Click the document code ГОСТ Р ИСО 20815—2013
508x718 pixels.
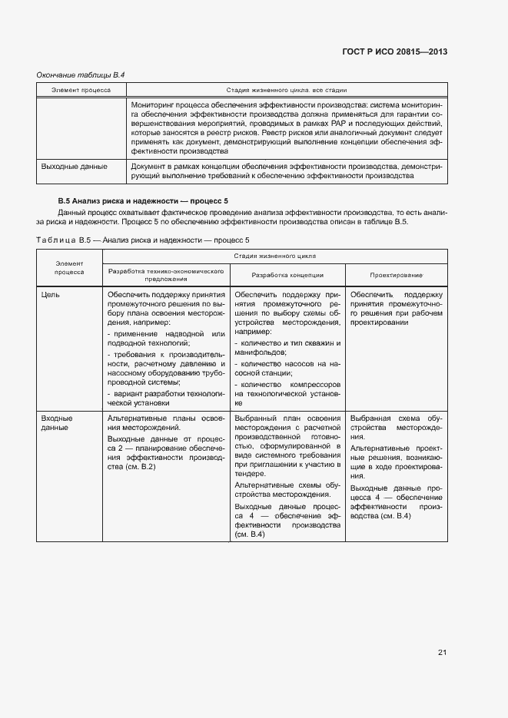click(394, 51)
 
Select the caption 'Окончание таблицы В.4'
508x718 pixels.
click(81, 74)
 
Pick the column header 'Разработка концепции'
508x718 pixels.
click(287, 274)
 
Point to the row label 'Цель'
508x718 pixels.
click(50, 294)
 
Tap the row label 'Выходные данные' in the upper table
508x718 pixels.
click(74, 165)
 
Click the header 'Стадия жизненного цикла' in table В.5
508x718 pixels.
click(273, 256)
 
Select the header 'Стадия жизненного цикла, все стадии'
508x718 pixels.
click(285, 91)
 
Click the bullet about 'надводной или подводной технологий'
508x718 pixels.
click(165, 339)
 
